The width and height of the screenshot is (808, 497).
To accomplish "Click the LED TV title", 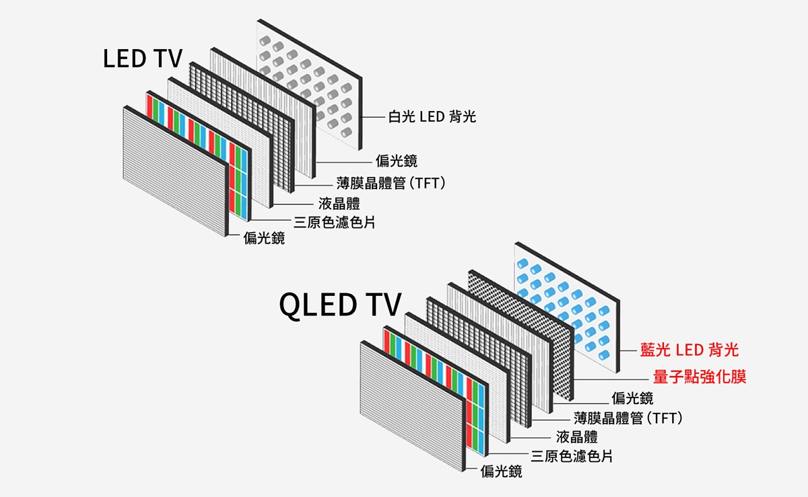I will [143, 59].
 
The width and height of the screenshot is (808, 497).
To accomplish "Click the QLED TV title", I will [340, 305].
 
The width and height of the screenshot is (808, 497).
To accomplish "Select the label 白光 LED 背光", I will [432, 117].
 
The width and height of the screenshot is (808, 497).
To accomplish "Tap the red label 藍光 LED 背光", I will [689, 350].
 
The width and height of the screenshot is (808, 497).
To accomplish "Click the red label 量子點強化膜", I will [700, 377].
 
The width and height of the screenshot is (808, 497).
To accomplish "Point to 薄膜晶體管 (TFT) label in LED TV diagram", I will [391, 183].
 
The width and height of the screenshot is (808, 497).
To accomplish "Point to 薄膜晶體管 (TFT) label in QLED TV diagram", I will [628, 418].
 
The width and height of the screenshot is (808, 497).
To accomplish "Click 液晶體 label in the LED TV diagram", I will [339, 203].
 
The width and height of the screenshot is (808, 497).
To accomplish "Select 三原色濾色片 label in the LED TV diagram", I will [334, 221].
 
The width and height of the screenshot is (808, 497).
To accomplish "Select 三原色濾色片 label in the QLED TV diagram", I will [572, 456].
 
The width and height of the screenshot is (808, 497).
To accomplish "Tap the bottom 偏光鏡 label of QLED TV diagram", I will [502, 472].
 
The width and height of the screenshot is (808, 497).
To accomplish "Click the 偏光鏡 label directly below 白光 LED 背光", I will [397, 161].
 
